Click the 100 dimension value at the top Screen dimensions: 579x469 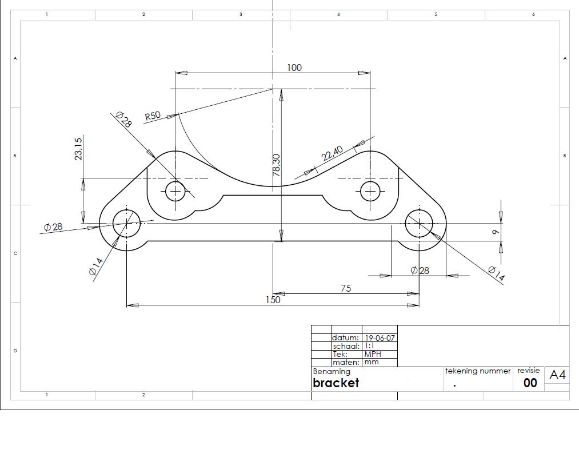(294, 67)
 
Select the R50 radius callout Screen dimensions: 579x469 (153, 116)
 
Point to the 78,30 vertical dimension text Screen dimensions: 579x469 (277, 165)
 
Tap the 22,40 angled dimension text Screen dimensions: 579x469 (332, 153)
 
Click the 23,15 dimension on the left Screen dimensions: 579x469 (79, 148)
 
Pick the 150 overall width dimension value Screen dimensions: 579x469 (273, 300)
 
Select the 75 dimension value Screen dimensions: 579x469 (346, 288)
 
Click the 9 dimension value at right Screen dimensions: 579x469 (496, 232)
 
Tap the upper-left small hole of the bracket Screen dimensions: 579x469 (175, 191)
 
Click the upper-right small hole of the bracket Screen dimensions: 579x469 (370, 191)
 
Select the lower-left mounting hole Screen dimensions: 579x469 (126, 223)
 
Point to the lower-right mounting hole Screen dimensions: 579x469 (420, 223)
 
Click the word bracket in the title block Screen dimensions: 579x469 (336, 383)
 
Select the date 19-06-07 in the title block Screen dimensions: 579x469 (380, 338)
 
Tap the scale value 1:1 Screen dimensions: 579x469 (369, 346)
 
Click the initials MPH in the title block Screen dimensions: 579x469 (372, 354)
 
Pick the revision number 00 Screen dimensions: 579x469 (530, 383)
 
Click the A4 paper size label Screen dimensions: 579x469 (557, 375)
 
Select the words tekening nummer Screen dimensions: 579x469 (478, 371)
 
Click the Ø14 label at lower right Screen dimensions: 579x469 (496, 274)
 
